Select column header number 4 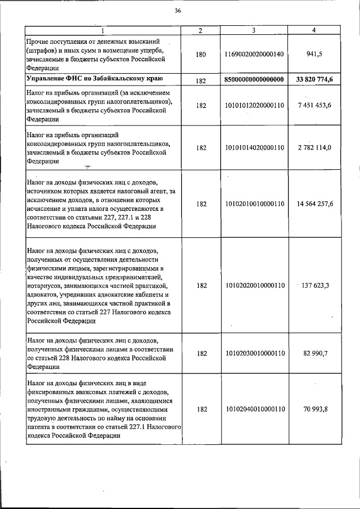tap(313, 30)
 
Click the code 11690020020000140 tap(254, 55)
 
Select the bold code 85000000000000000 tap(254, 80)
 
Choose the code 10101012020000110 tap(254, 105)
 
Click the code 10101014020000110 tap(254, 147)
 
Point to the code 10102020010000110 tap(254, 285)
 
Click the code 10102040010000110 tap(254, 409)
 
